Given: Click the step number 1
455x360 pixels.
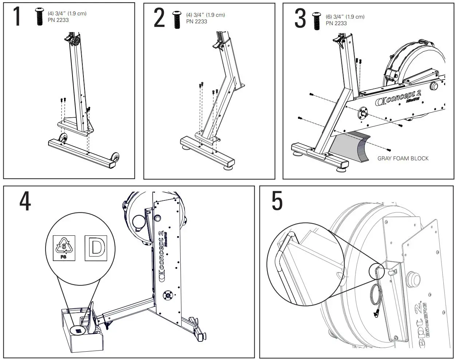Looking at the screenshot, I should [17, 17].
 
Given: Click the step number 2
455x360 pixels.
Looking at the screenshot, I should [159, 19].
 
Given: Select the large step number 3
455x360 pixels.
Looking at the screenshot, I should [300, 19].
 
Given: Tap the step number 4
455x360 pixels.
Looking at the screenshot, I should [25, 201].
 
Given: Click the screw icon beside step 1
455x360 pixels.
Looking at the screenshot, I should [39, 17].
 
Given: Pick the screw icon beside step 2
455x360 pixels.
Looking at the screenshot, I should [177, 19].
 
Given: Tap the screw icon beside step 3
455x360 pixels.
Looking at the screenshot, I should [316, 20].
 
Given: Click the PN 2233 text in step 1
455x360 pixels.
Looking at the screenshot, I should [58, 20].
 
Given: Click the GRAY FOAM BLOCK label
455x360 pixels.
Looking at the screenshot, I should [403, 159].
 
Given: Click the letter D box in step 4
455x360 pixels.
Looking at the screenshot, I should [96, 248].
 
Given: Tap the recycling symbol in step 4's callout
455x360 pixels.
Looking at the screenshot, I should [64, 247].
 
